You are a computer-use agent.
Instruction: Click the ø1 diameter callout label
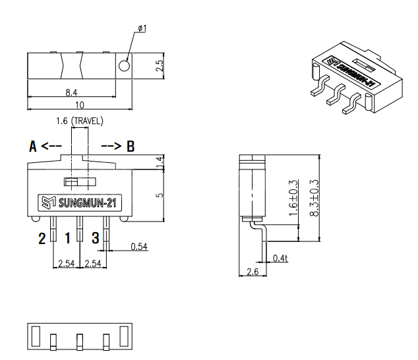click(142, 28)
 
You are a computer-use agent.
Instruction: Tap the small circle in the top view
click(124, 65)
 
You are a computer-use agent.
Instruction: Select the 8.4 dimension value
click(71, 92)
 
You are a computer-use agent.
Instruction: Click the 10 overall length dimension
click(79, 105)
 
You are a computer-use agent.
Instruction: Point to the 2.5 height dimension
click(159, 65)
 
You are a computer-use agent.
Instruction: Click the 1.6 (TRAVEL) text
click(79, 121)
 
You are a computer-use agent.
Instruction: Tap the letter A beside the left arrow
click(32, 146)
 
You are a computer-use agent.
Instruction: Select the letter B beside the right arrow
click(131, 146)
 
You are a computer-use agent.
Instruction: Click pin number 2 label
click(42, 238)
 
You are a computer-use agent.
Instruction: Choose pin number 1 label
click(68, 238)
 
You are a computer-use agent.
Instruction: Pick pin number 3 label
click(96, 238)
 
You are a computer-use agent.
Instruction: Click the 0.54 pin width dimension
click(139, 247)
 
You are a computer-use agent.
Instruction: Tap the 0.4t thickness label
click(280, 258)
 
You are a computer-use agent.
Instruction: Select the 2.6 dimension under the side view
click(253, 272)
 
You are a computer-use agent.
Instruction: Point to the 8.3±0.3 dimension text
click(314, 198)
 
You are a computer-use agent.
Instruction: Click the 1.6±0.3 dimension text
click(293, 198)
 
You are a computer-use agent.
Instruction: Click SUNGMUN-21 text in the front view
click(88, 203)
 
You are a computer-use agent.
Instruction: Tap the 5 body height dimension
click(160, 195)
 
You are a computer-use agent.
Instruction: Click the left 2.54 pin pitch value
click(67, 264)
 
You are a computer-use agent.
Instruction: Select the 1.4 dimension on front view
click(160, 163)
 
